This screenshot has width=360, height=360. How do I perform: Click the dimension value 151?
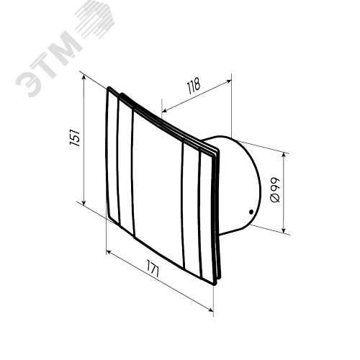tap(75, 138)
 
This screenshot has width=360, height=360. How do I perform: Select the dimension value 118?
tap(194, 86)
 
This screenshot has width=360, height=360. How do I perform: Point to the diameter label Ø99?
tap(275, 190)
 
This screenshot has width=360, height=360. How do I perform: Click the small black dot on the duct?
tap(251, 212)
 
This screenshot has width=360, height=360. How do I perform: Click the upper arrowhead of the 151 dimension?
tap(84, 77)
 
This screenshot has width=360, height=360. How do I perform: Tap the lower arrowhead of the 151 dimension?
tap(84, 203)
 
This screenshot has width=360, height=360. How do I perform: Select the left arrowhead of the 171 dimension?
tap(109, 253)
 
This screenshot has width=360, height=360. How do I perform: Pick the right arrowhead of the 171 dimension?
tap(210, 310)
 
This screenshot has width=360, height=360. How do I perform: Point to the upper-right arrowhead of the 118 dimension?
tap(229, 81)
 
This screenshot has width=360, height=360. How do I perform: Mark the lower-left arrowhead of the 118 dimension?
tap(165, 110)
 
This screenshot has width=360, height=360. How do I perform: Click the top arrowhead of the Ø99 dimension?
tap(284, 156)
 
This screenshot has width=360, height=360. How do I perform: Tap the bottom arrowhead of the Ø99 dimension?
tap(284, 230)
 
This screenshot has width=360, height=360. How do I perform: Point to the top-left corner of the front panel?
tap(109, 87)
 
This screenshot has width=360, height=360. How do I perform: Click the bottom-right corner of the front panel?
tap(215, 284)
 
